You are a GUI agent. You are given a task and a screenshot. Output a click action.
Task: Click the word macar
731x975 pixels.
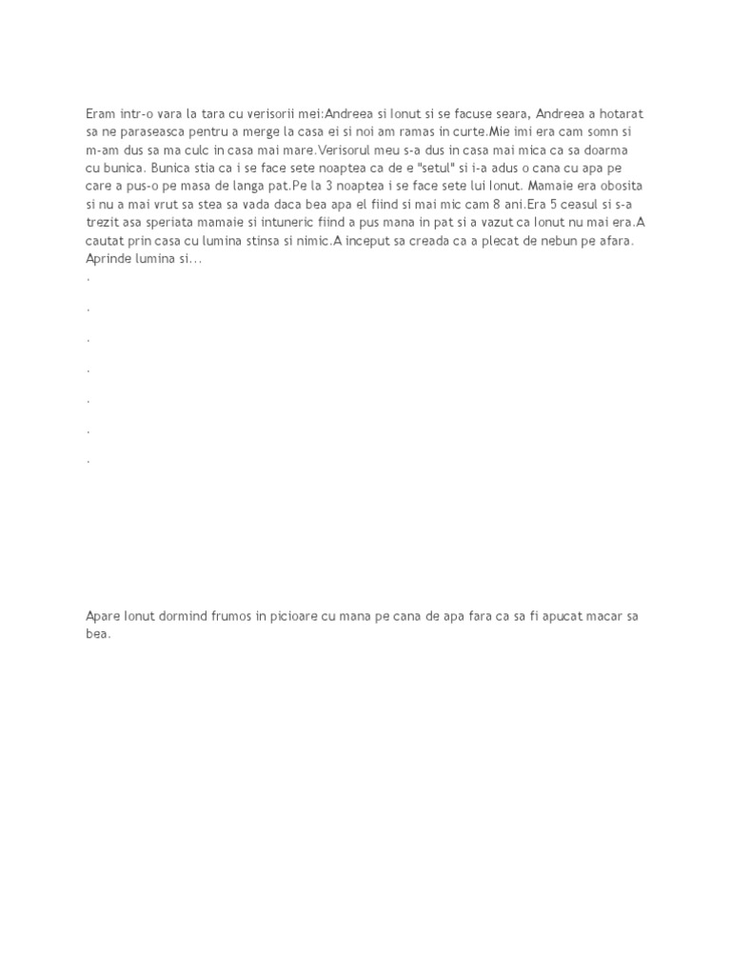coord(591,616)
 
